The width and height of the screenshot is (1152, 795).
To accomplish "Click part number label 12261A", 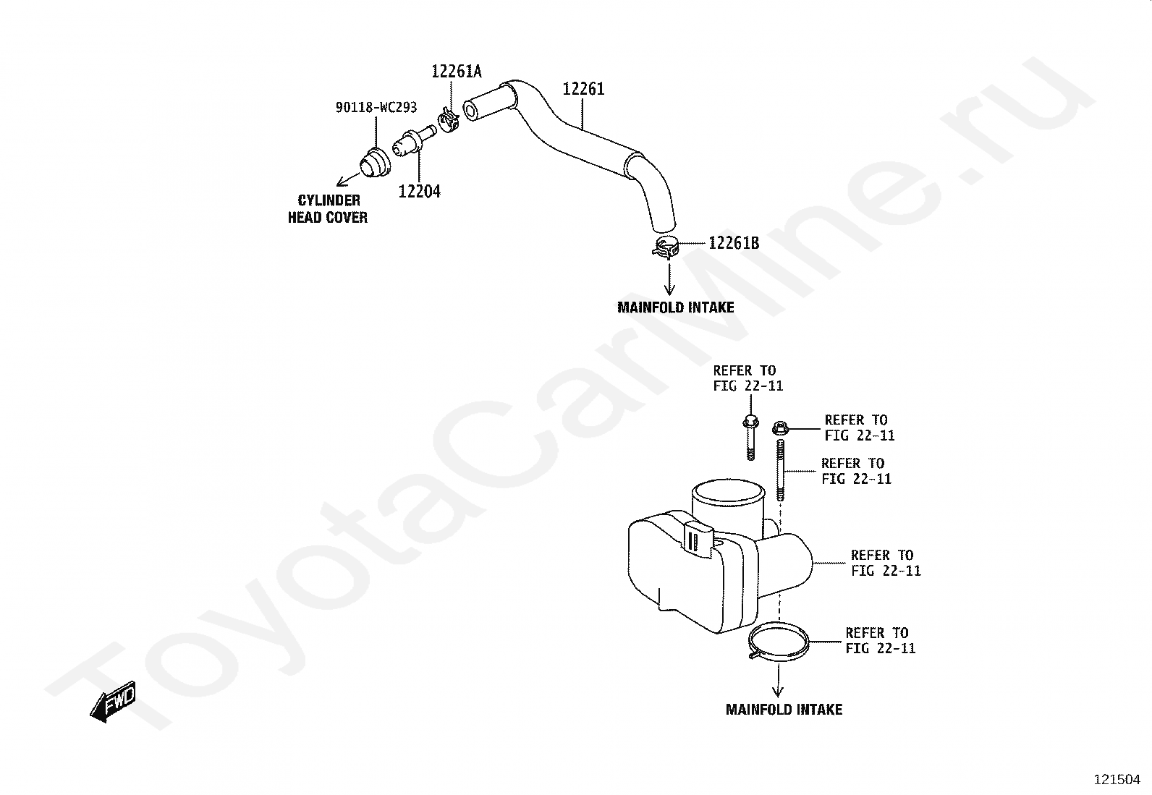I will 456,72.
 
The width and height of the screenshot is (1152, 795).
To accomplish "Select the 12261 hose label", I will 583,89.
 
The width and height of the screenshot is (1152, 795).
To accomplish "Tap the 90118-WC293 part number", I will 376,108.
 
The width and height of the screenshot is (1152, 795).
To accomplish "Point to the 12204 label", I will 419,192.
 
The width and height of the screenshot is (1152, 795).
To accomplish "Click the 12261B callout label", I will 734,243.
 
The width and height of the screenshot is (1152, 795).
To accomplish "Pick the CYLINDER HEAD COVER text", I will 328,209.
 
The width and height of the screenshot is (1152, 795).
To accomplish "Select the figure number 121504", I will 1117,780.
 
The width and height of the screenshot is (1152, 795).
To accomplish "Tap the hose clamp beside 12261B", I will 666,247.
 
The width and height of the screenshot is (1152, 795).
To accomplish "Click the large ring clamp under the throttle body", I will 779,642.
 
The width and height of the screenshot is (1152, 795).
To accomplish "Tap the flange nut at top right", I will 780,429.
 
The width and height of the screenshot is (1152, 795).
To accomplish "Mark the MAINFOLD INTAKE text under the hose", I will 675,307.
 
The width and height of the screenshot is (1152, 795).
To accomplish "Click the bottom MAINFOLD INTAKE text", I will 784,710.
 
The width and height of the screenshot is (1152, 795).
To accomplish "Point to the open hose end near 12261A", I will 471,111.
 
